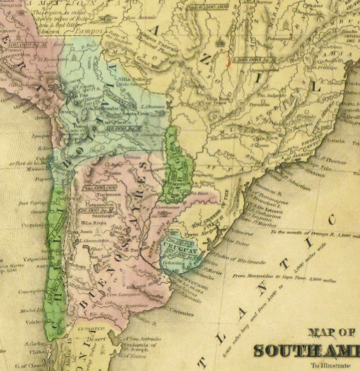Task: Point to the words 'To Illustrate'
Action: pyautogui.click(x=329, y=365)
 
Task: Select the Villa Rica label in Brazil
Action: pyautogui.click(x=265, y=139)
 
